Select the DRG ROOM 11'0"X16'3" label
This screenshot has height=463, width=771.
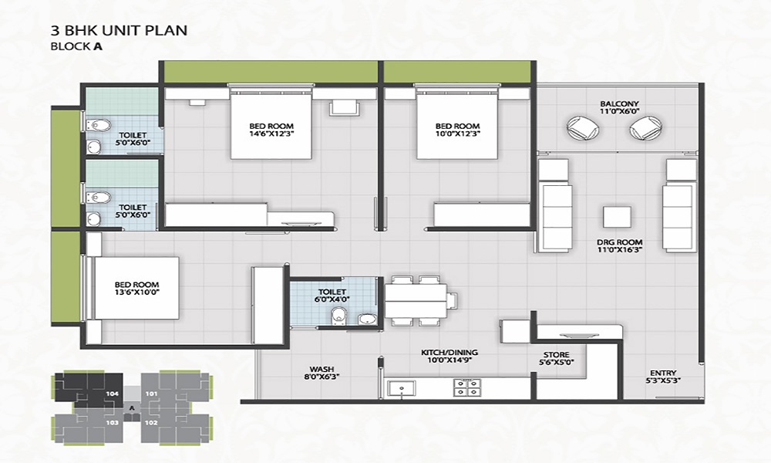tap(619, 247)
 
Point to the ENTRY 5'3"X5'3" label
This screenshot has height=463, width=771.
tap(664, 376)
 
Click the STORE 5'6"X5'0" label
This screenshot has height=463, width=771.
tap(555, 359)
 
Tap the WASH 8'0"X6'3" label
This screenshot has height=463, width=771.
tap(322, 373)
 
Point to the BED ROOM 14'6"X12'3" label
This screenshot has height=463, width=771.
tap(271, 130)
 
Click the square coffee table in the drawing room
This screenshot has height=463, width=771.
tap(618, 218)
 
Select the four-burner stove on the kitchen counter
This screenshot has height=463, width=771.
tap(466, 387)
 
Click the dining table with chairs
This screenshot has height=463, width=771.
tap(416, 299)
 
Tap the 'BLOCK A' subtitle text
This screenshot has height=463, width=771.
tap(76, 46)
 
